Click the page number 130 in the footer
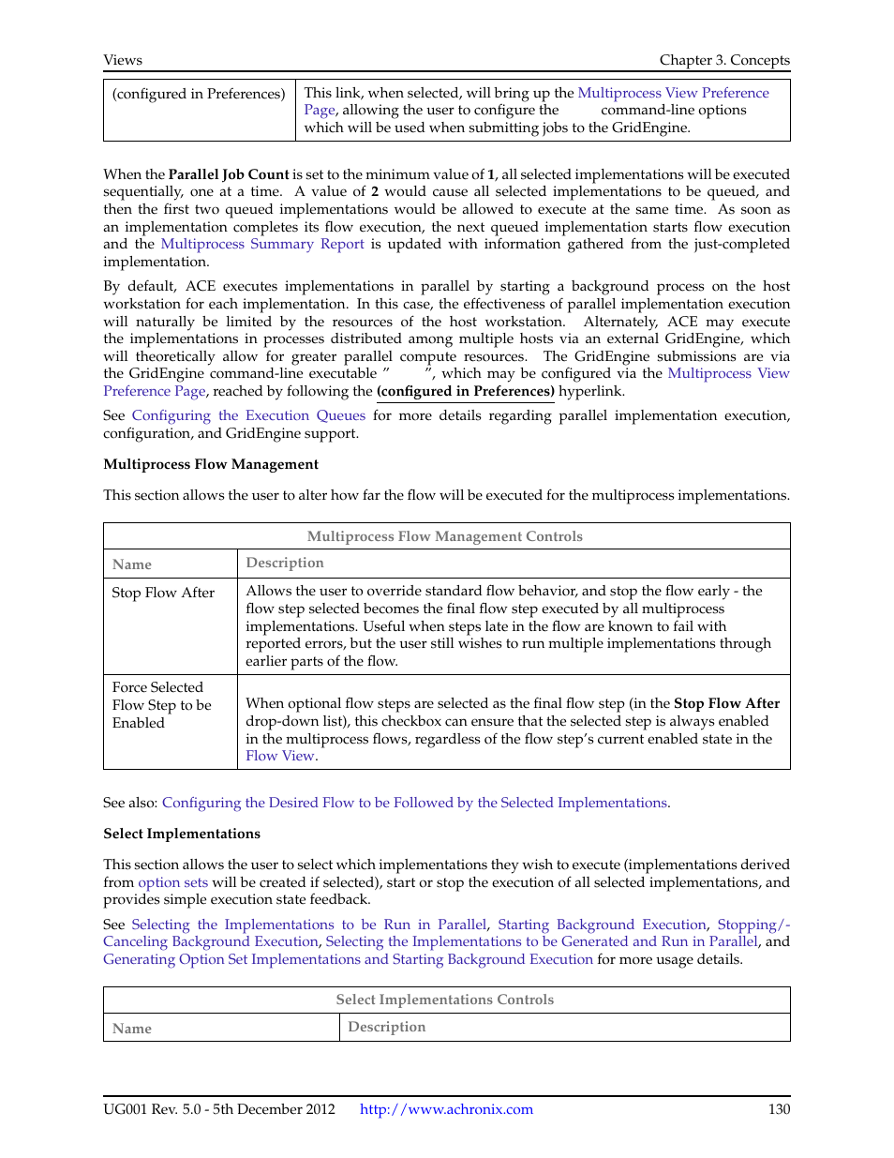pyautogui.click(x=779, y=1109)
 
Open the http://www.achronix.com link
pyautogui.click(x=446, y=1109)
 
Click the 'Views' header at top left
pyautogui.click(x=123, y=60)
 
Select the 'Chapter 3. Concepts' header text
pyautogui.click(x=723, y=60)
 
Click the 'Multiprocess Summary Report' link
pyautogui.click(x=262, y=244)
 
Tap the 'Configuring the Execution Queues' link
pyautogui.click(x=248, y=415)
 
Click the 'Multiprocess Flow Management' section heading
pyautogui.click(x=211, y=464)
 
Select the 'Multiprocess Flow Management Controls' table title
pyautogui.click(x=445, y=536)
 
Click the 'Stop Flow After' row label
pyautogui.click(x=163, y=593)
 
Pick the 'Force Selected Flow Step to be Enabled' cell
pyautogui.click(x=161, y=705)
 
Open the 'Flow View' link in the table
pyautogui.click(x=280, y=756)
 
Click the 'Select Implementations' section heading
pyautogui.click(x=182, y=834)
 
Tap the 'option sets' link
pyautogui.click(x=172, y=882)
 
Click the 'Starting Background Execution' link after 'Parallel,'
pyautogui.click(x=602, y=925)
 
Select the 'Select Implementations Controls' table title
pyautogui.click(x=445, y=1000)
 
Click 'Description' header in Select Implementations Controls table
pyautogui.click(x=386, y=1027)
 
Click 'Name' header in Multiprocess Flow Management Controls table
pyautogui.click(x=132, y=564)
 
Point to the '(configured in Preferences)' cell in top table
pyautogui.click(x=199, y=94)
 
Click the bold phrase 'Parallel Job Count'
pyautogui.click(x=229, y=174)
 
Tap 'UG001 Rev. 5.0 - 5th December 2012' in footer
pyautogui.click(x=219, y=1109)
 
